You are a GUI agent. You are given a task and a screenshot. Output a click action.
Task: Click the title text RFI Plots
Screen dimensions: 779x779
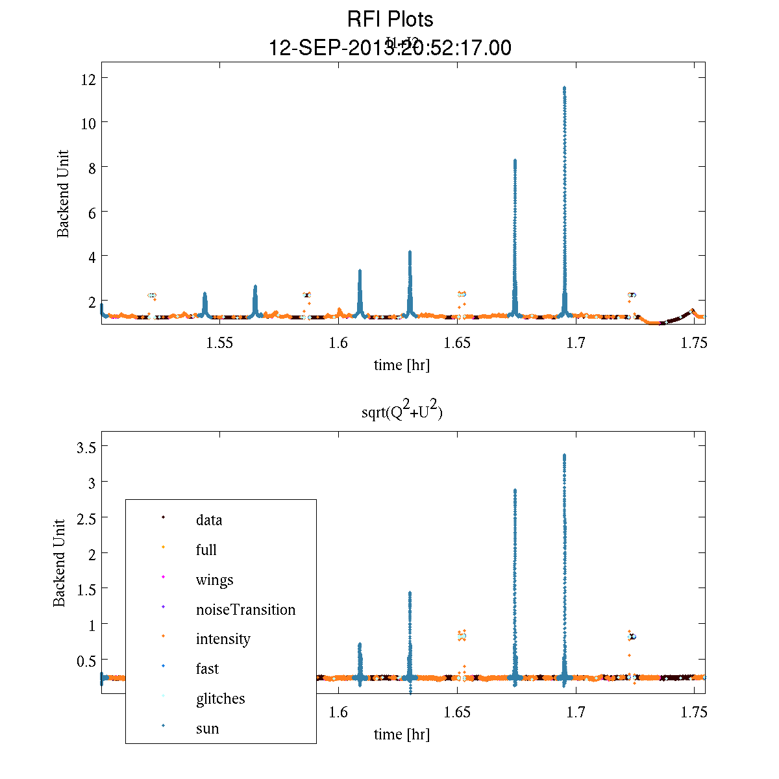[390, 19]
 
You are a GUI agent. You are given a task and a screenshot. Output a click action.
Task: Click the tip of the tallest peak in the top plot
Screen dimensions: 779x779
[564, 88]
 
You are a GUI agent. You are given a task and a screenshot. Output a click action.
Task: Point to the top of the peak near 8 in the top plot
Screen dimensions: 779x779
[515, 160]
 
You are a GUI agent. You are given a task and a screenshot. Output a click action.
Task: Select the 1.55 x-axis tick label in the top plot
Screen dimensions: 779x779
[219, 343]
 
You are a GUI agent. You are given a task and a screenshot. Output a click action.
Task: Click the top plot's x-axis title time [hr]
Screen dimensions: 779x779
[402, 365]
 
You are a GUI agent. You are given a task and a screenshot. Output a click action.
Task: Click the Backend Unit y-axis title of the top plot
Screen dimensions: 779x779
[63, 194]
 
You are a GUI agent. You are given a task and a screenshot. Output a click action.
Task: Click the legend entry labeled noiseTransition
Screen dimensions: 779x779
[245, 610]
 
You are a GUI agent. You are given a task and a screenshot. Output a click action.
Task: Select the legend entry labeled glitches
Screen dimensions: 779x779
[220, 699]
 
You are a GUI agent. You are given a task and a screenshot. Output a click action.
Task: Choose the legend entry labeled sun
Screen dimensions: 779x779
[207, 728]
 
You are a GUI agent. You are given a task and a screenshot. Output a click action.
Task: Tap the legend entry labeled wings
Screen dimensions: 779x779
[214, 580]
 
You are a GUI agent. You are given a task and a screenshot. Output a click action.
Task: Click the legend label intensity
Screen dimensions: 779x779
[223, 639]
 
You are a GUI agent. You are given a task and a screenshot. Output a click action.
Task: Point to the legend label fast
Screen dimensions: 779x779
[207, 669]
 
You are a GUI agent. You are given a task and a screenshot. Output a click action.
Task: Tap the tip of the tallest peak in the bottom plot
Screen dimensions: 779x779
[564, 456]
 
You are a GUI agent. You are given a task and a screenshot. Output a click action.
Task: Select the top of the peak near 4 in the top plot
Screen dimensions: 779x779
[410, 252]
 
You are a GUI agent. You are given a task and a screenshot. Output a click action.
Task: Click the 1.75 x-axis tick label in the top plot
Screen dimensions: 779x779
[693, 343]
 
